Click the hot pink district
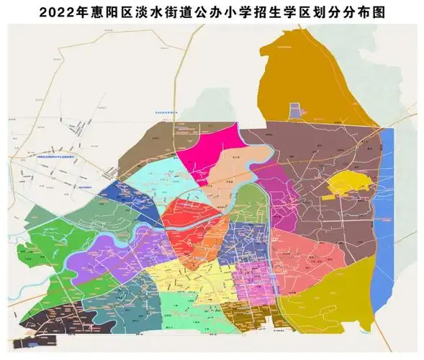pos(209,148)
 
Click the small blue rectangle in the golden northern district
pos(295,110)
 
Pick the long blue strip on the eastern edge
pos(385,194)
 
